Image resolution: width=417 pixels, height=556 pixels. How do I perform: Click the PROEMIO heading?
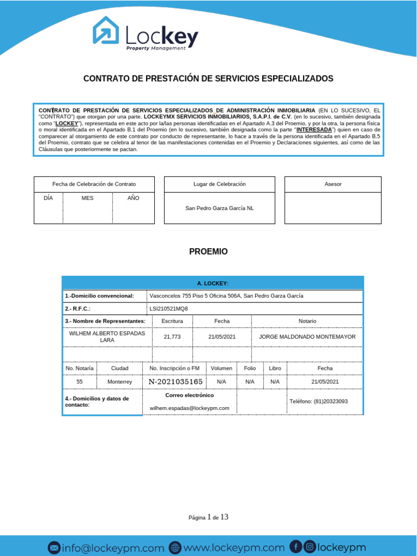click(x=208, y=252)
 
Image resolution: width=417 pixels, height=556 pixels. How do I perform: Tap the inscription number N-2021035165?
click(x=175, y=382)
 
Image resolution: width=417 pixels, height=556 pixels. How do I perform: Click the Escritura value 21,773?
click(x=172, y=337)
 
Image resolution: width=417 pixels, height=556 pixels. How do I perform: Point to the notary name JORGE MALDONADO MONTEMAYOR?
click(x=307, y=337)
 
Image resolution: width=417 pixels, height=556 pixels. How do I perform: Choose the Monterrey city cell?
click(x=119, y=382)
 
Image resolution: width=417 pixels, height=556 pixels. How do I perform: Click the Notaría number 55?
click(x=80, y=382)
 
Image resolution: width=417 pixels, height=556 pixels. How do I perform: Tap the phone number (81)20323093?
click(x=319, y=401)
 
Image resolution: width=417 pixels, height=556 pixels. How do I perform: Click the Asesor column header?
click(x=333, y=184)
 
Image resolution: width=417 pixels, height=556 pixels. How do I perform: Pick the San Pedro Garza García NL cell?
click(x=219, y=208)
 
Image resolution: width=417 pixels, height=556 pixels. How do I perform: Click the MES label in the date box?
click(x=87, y=198)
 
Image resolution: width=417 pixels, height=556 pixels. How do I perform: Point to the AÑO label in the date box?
click(x=134, y=198)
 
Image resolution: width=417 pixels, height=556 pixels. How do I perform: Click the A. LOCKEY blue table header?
click(x=212, y=283)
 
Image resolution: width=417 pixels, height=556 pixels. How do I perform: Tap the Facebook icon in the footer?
click(x=296, y=547)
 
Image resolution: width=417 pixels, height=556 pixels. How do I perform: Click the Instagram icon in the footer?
click(x=309, y=547)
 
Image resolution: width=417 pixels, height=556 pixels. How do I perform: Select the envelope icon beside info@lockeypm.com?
click(x=54, y=548)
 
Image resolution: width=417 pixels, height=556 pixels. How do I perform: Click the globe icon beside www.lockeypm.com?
click(x=175, y=548)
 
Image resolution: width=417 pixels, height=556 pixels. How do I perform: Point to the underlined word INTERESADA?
click(x=314, y=130)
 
